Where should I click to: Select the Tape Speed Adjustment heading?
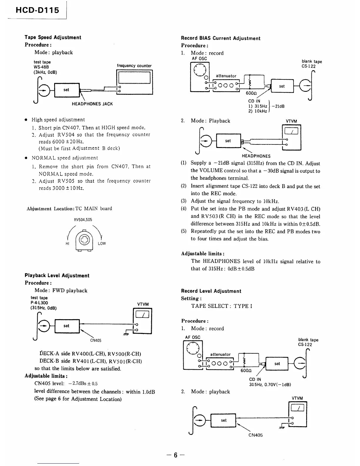[x=53, y=37]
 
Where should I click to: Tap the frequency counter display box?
[x=134, y=78]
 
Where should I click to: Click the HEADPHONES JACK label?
[x=92, y=104]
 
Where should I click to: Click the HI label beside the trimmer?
[x=67, y=244]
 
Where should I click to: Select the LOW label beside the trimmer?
[x=102, y=244]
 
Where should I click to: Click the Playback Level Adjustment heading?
[x=57, y=276]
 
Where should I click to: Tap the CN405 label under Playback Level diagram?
[x=96, y=340]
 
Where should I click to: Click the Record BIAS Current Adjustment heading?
[x=221, y=38]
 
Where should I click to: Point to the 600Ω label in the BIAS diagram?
[x=251, y=93]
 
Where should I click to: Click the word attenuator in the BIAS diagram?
[x=226, y=76]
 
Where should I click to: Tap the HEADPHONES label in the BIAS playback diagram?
[x=256, y=156]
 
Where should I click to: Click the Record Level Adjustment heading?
[x=211, y=291]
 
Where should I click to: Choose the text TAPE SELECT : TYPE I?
[x=222, y=306]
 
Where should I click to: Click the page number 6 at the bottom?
[x=175, y=455]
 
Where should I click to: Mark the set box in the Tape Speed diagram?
[x=66, y=90]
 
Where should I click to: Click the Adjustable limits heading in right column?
[x=203, y=254]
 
